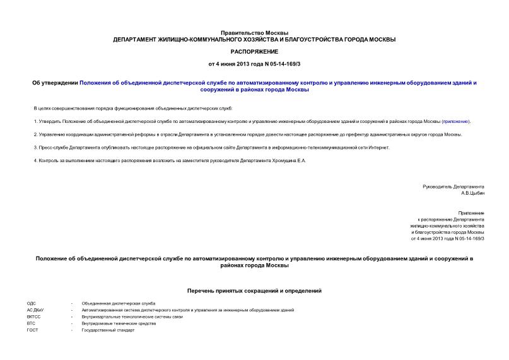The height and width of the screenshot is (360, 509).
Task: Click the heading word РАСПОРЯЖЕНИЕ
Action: point(254,52)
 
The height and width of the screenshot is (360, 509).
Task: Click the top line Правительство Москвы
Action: point(254,32)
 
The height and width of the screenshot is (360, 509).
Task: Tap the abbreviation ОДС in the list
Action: point(32,304)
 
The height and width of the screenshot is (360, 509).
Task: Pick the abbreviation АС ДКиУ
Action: point(36,310)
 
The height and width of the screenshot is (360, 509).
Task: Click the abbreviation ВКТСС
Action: point(34,317)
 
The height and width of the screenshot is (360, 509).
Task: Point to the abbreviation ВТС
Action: point(31,323)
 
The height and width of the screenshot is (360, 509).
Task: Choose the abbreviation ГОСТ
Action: point(32,330)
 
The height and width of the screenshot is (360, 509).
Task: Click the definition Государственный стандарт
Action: point(108,330)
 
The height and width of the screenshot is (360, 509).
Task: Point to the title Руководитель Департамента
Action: point(453,187)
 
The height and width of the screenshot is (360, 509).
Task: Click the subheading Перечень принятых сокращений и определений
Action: point(254,291)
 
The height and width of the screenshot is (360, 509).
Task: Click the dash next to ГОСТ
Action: point(72,330)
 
